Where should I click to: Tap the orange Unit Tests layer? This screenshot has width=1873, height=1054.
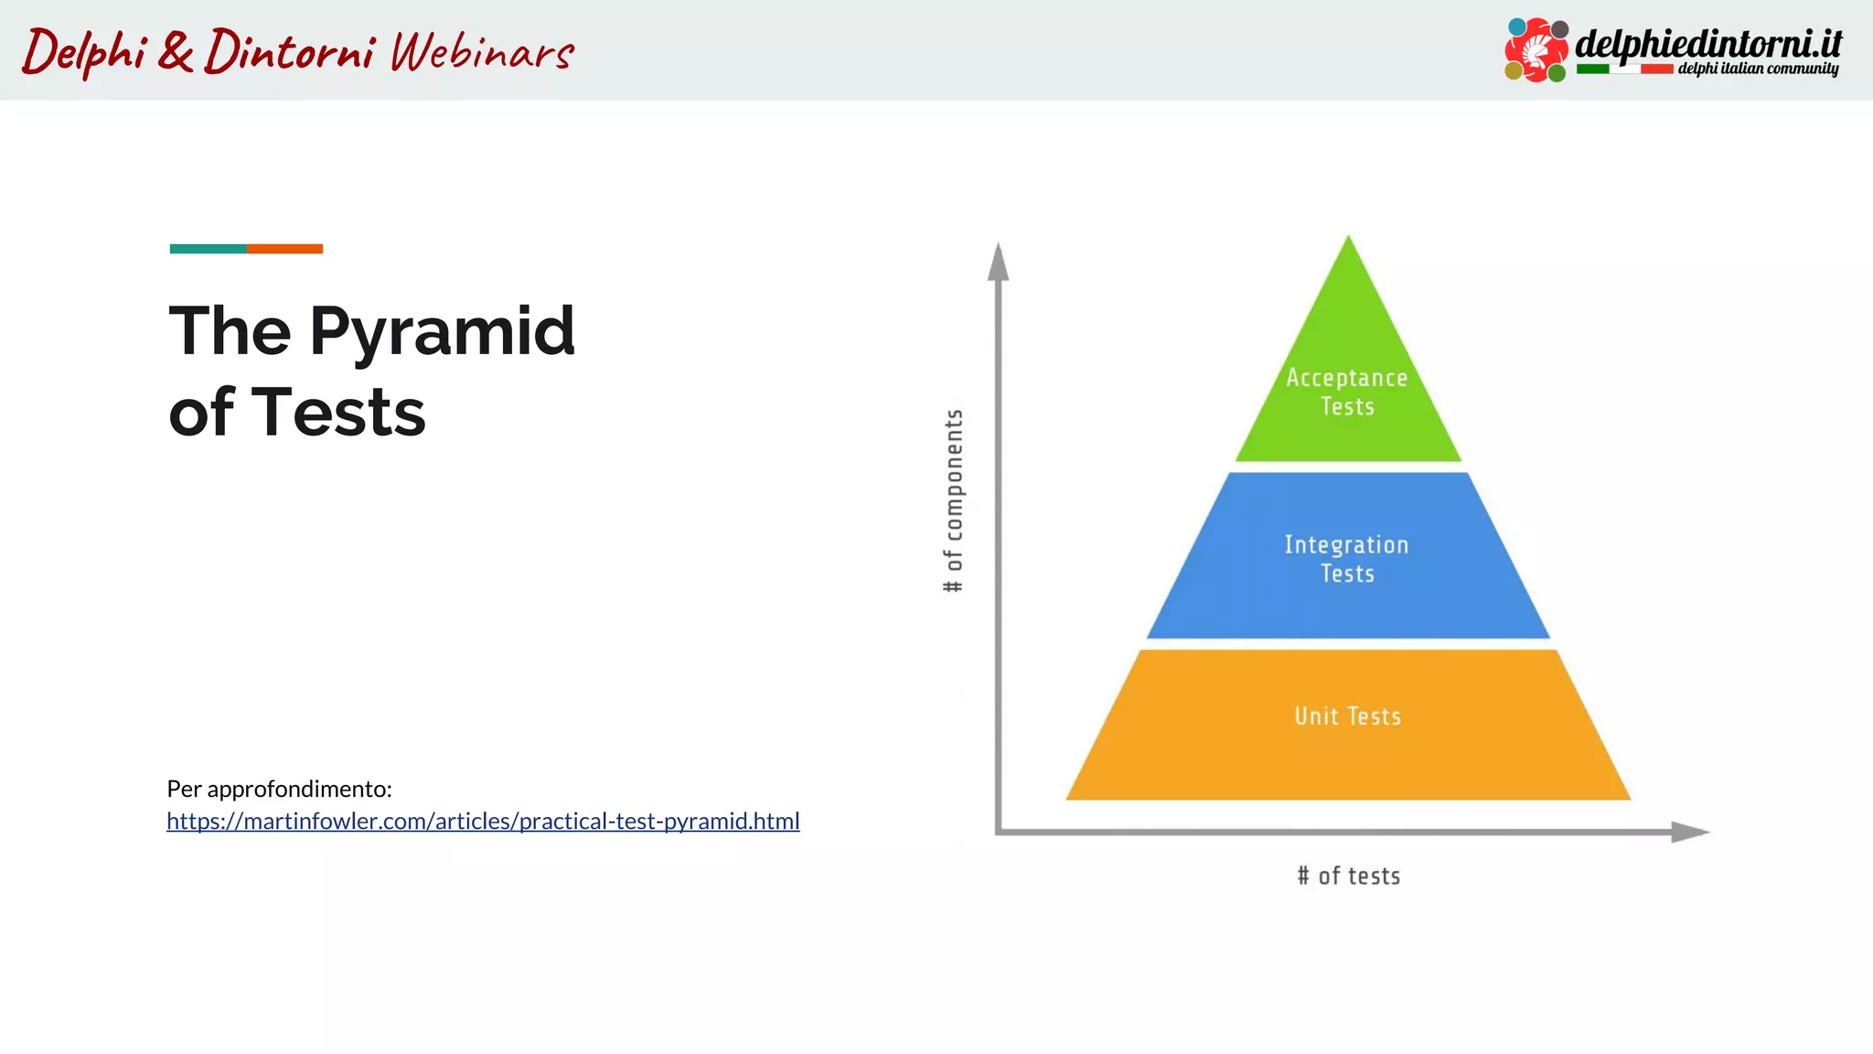point(1347,759)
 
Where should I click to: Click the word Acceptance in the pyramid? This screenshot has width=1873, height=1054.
point(1346,378)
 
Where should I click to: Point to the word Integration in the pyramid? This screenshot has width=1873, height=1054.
point(1346,545)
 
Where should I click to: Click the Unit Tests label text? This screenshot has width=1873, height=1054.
point(1347,716)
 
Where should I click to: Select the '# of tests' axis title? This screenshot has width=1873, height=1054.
point(1349,877)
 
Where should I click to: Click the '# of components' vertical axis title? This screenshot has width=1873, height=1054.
point(953,500)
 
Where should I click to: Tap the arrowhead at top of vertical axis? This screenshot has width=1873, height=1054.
point(999,263)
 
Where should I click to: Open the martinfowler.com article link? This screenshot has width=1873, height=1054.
point(483,822)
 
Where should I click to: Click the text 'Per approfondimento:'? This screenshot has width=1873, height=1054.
point(279,789)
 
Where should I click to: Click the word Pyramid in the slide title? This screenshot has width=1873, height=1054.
point(442,331)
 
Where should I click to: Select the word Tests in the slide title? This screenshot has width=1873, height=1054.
point(337,413)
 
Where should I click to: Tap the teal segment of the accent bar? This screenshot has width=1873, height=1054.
point(208,249)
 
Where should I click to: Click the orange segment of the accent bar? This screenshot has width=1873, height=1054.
point(284,249)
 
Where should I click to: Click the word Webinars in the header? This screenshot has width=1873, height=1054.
point(482,52)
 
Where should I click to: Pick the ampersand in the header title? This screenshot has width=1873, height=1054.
point(175,50)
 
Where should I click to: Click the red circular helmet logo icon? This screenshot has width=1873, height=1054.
point(1536,49)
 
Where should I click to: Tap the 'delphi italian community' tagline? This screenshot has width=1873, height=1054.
point(1757,70)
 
